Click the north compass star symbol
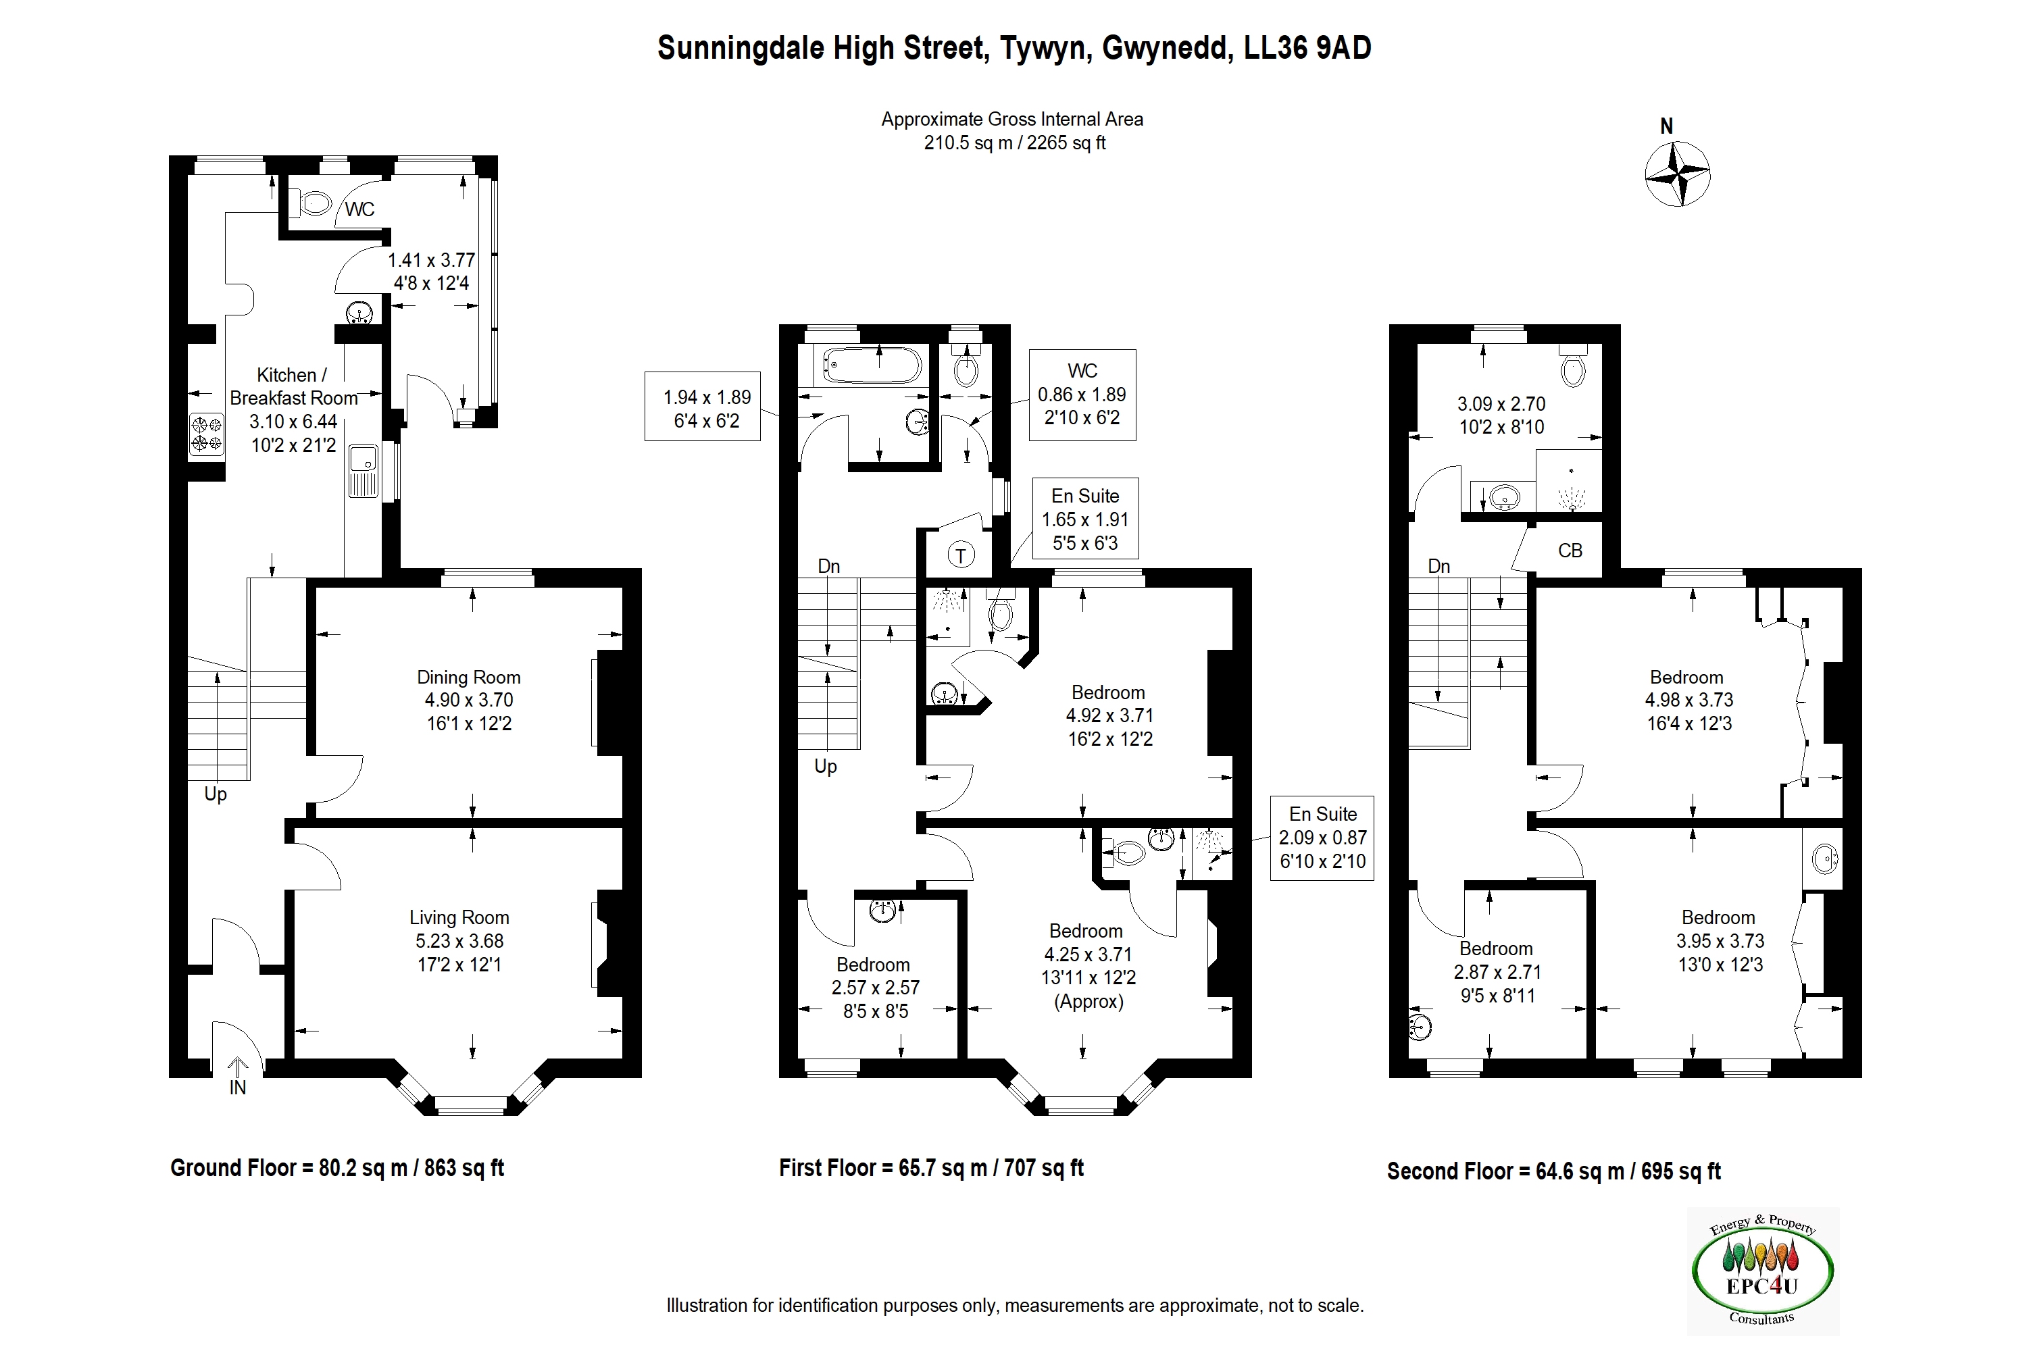[1677, 175]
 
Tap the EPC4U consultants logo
[1762, 1272]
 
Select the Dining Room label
[469, 678]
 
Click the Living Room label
[459, 917]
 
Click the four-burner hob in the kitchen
[207, 434]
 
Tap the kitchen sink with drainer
[363, 471]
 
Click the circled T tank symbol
[961, 555]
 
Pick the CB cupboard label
[1570, 551]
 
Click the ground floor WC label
[360, 209]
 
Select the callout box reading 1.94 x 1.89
[703, 407]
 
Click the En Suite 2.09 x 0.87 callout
[1322, 838]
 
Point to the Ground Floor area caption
[337, 1169]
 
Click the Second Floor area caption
[1554, 1172]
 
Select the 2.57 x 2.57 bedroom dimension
[876, 988]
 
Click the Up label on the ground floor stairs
[216, 794]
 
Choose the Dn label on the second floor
[1439, 566]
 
